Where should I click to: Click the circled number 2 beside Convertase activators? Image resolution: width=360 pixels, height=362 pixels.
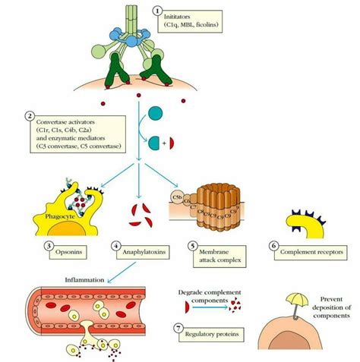coord(29,116)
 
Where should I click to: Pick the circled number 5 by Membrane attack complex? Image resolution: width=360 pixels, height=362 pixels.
coord(193,246)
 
